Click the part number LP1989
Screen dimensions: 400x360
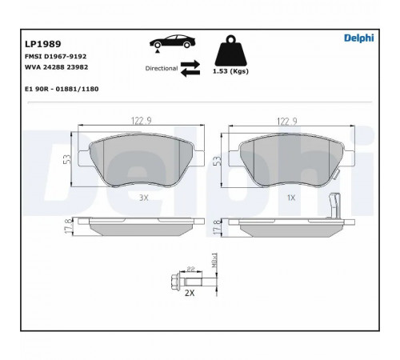(x=43, y=44)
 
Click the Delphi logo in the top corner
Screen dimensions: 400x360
(x=358, y=38)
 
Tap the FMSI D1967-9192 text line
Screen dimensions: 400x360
(x=55, y=57)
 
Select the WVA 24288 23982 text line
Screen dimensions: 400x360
(x=56, y=67)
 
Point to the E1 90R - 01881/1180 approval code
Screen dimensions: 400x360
(x=62, y=89)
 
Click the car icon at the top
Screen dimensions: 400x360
(x=173, y=42)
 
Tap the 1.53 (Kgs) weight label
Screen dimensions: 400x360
(x=230, y=71)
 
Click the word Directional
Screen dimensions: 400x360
(x=162, y=68)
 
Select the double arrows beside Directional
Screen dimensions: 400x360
(x=190, y=68)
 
